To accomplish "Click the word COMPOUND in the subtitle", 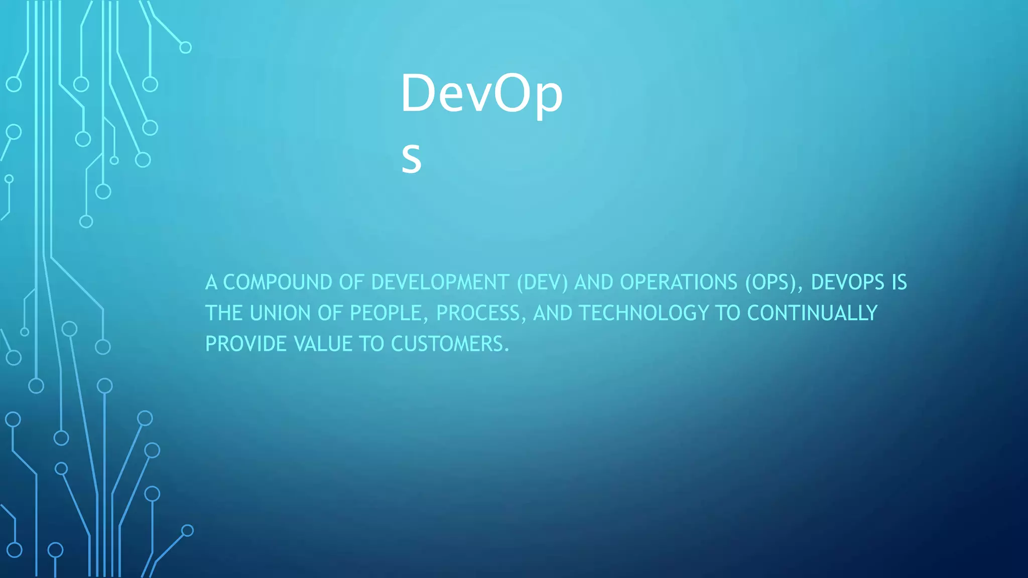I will [x=277, y=282].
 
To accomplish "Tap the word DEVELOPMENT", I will [x=440, y=282].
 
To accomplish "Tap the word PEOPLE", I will [x=385, y=313].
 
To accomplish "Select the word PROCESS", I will [x=478, y=313].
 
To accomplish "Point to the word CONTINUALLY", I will [x=812, y=313].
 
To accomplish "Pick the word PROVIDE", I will [x=246, y=344].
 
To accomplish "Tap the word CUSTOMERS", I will [x=447, y=344].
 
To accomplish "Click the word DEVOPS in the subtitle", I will [x=847, y=282].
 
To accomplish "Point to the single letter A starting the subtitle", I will [x=211, y=282].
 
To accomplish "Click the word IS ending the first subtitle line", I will [x=899, y=282].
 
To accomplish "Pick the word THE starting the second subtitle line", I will [x=224, y=313].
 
